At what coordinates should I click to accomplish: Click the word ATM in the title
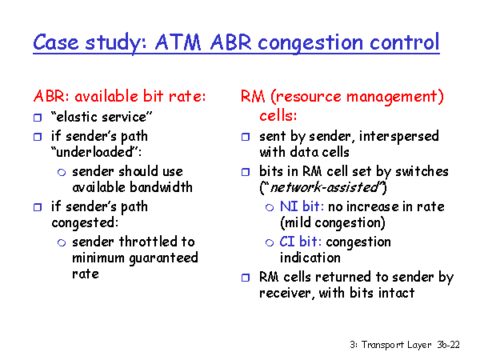[x=178, y=42]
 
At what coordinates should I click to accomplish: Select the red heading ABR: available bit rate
[x=120, y=96]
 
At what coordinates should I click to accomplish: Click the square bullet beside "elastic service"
[x=38, y=118]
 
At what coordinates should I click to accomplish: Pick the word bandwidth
[x=161, y=187]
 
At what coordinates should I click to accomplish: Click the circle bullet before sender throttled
[x=62, y=242]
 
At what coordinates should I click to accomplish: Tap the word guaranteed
[x=163, y=258]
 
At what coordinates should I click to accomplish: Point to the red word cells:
[x=278, y=115]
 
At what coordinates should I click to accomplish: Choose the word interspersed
[x=399, y=137]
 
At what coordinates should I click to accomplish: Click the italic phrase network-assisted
[x=325, y=187]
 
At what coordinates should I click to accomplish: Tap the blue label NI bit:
[x=302, y=206]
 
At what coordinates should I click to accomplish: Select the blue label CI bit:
[x=300, y=242]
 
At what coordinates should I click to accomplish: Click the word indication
[x=310, y=258]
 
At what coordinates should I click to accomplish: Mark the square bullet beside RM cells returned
[x=246, y=278]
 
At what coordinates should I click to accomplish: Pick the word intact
[x=397, y=293]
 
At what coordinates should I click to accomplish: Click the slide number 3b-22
[x=449, y=345]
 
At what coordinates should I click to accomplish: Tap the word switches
[x=422, y=171]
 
